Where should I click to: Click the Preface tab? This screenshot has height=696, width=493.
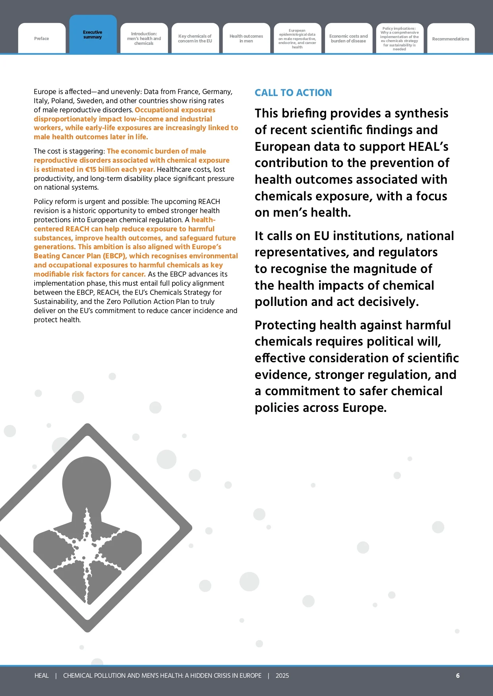(x=42, y=38)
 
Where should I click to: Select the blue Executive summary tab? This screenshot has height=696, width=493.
(x=93, y=35)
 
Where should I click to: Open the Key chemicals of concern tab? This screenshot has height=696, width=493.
(x=195, y=38)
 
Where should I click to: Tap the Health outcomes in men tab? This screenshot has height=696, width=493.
(x=246, y=38)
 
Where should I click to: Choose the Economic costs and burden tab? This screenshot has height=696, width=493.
(x=348, y=38)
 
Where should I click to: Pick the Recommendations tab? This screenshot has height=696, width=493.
(x=450, y=39)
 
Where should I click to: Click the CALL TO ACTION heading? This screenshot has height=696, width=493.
(x=293, y=93)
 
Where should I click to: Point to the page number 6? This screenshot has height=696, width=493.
(x=458, y=675)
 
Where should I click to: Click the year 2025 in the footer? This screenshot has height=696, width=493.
(x=282, y=675)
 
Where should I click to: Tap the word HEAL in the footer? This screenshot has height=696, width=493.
(x=41, y=675)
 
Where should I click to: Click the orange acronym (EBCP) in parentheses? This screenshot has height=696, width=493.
(x=114, y=256)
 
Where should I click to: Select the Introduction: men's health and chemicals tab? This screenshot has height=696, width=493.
(x=144, y=38)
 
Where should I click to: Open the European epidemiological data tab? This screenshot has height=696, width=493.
(x=297, y=38)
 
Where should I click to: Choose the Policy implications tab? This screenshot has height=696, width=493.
(x=399, y=38)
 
